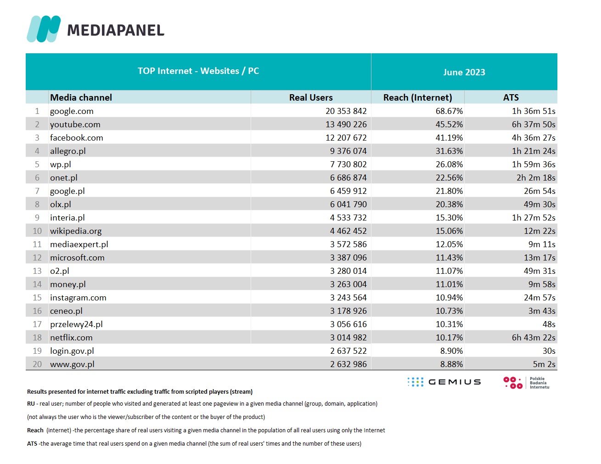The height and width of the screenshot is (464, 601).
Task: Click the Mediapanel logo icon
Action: click(44, 29)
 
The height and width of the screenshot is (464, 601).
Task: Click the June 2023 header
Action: click(464, 72)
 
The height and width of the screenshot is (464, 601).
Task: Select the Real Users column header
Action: click(311, 97)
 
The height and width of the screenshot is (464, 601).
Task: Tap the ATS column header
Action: click(511, 97)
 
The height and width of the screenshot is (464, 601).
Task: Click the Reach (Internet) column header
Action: click(418, 98)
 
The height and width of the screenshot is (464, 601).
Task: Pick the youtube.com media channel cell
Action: click(75, 124)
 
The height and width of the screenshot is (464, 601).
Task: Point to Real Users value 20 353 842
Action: click(346, 111)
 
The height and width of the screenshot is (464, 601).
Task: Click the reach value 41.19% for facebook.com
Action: click(449, 138)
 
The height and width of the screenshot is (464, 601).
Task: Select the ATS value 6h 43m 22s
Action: click(534, 338)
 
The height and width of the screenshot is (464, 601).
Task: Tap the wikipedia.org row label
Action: click(76, 231)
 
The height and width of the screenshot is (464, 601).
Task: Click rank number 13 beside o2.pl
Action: click(37, 271)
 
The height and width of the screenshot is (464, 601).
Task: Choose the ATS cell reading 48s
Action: click(549, 324)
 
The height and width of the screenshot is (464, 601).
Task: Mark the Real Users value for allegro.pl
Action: click(348, 151)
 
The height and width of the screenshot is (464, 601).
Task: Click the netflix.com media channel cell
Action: click(71, 338)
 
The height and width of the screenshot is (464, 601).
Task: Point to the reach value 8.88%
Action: click(451, 364)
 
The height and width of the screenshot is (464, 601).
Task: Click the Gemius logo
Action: click(444, 382)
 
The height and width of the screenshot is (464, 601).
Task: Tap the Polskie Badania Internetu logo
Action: click(526, 383)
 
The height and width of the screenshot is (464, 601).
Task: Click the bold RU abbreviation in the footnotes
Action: click(31, 404)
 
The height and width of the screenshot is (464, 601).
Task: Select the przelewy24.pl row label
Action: click(76, 324)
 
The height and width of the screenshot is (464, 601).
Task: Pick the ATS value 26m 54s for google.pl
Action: click(539, 191)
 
